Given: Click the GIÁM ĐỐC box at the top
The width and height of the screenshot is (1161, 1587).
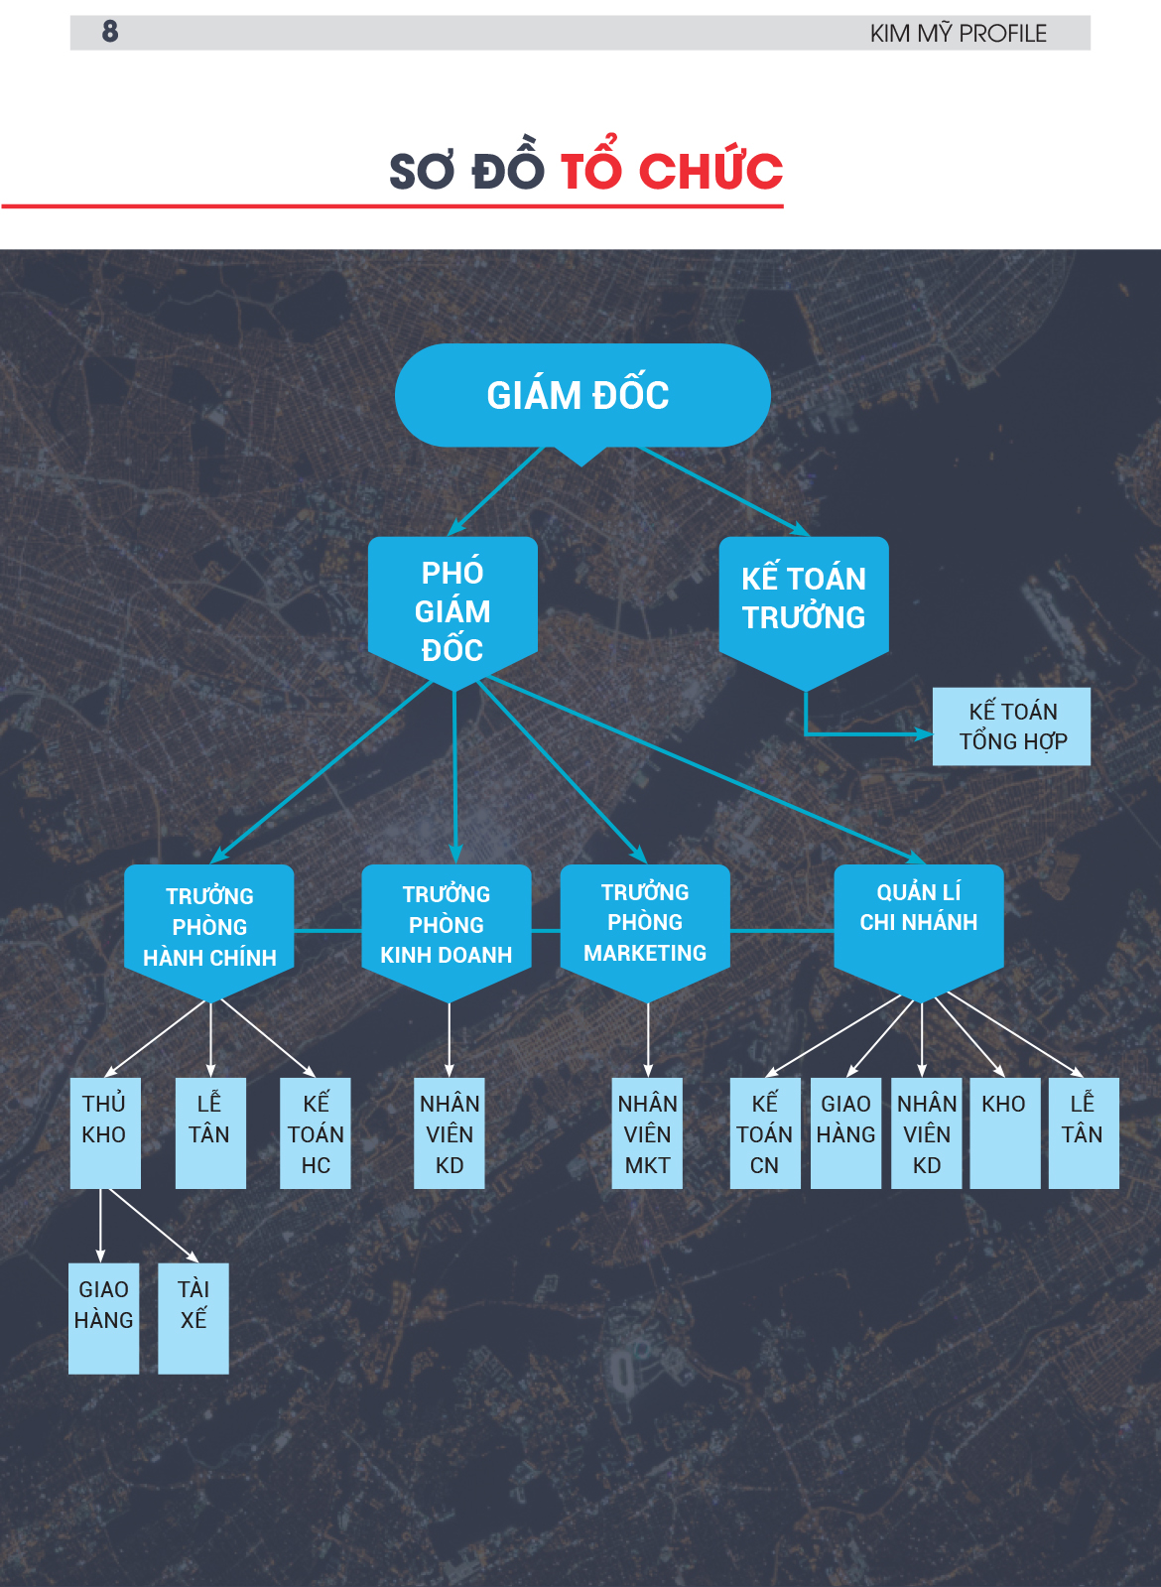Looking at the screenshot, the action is tap(582, 395).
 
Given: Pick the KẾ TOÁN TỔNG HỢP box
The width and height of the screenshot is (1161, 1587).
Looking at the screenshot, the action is tap(1011, 727).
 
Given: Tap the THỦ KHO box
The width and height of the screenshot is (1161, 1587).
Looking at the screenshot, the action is tap(105, 1132).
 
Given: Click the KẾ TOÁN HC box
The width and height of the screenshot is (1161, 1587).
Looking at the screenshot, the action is tap(316, 1132).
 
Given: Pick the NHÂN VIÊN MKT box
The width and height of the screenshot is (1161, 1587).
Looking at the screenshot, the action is tap(647, 1132).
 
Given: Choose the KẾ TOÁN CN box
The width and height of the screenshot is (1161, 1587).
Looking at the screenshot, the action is tap(765, 1132).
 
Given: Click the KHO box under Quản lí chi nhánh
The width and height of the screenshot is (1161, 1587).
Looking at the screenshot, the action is tap(1004, 1132).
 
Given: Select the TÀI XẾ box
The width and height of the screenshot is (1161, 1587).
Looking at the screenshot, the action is tap(193, 1318).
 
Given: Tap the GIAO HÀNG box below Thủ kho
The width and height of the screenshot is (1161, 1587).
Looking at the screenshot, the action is tap(103, 1318).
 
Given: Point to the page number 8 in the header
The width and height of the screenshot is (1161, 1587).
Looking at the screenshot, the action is tap(110, 31).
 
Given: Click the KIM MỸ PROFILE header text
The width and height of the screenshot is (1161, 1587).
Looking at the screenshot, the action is tap(958, 34).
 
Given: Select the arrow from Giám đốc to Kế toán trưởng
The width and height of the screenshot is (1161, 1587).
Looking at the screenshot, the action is tap(724, 490).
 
